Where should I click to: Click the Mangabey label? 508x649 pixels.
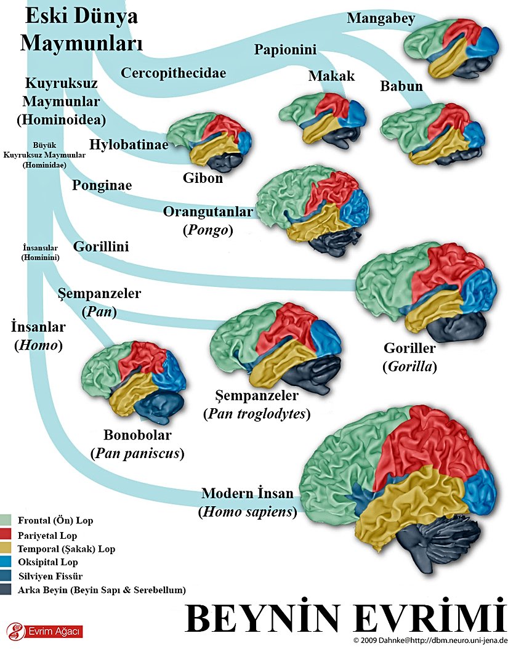tap(381, 18)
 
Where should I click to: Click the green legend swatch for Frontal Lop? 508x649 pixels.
tap(7, 520)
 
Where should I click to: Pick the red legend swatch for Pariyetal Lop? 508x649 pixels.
tap(7, 534)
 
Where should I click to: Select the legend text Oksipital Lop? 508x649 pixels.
tap(48, 562)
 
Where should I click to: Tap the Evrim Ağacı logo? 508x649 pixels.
tap(44, 631)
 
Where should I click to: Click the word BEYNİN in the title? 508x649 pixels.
tap(261, 618)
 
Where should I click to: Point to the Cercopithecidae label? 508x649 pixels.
tap(173, 73)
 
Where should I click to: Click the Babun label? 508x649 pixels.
tap(401, 86)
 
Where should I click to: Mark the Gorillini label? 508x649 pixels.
tap(100, 247)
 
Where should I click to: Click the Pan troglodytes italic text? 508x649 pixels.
tap(257, 414)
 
